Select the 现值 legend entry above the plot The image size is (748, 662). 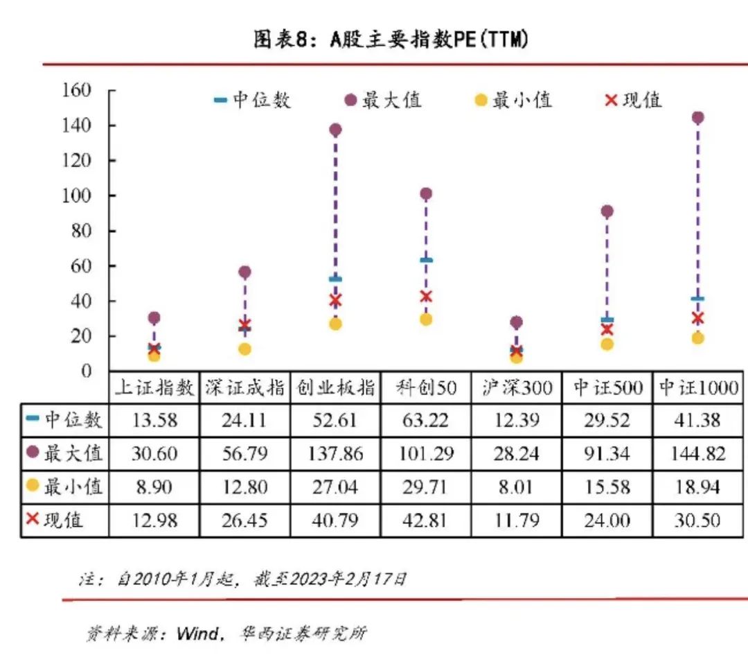[x=634, y=101]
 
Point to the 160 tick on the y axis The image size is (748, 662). [x=77, y=90]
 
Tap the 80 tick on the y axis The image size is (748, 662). [x=81, y=231]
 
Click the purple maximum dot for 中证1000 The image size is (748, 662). [x=697, y=118]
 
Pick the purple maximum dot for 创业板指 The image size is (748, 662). [x=336, y=130]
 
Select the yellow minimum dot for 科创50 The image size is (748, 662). [x=426, y=320]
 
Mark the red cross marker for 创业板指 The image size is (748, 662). [x=336, y=300]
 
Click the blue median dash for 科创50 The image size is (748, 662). [x=426, y=261]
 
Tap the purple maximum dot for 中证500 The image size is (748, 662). [x=607, y=211]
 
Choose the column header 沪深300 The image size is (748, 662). [x=517, y=387]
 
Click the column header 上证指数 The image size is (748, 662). [x=154, y=387]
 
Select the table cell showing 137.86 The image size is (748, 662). [x=336, y=454]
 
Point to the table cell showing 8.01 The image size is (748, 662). [x=517, y=487]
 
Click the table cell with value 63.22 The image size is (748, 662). [x=426, y=421]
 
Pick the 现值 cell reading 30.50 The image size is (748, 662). [x=697, y=520]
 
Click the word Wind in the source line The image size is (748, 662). [x=197, y=634]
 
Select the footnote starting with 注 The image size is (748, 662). [x=242, y=579]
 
